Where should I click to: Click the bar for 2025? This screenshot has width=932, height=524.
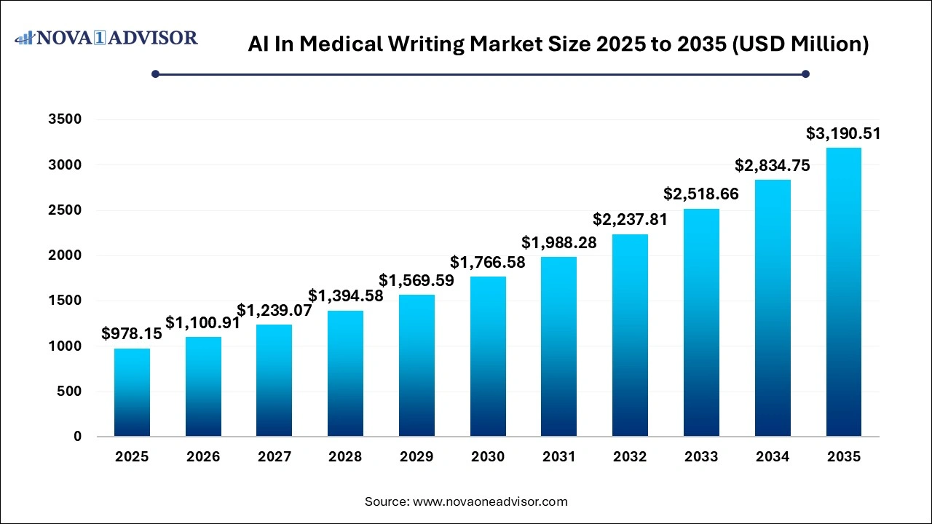[132, 392]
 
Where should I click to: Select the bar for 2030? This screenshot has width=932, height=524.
[488, 357]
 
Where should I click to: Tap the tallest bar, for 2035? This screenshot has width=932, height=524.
[844, 292]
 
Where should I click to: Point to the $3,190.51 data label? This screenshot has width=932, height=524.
[844, 133]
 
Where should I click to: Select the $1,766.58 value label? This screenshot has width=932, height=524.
[488, 262]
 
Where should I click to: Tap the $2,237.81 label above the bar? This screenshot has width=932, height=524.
[630, 219]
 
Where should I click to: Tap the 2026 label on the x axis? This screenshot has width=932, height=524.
[203, 457]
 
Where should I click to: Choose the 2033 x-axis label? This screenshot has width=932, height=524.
[701, 457]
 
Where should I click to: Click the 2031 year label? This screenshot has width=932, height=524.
[559, 457]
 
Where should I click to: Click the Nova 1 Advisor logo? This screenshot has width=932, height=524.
[107, 38]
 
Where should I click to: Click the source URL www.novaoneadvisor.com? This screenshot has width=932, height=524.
[489, 501]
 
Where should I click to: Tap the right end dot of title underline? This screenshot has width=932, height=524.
[805, 74]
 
